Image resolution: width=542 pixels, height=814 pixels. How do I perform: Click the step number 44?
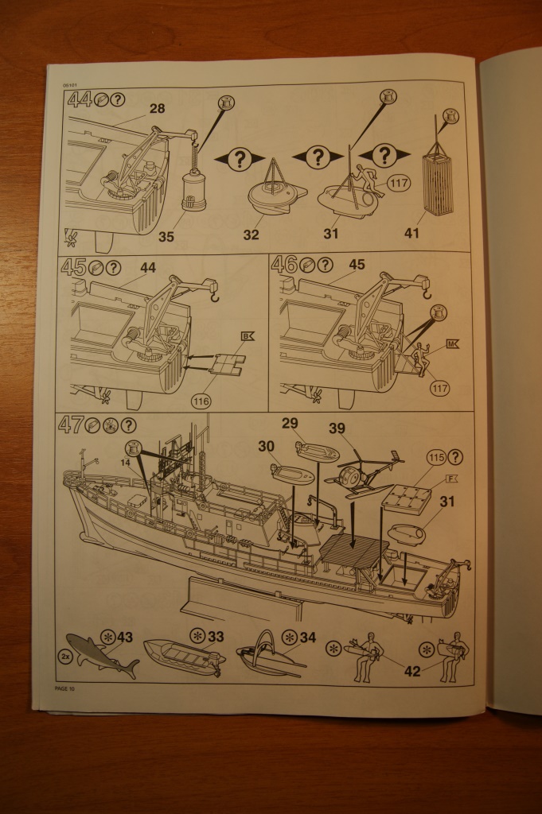[x=80, y=101]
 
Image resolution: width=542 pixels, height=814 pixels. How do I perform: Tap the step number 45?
[x=74, y=267]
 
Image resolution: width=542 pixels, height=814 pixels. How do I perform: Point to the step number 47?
[x=72, y=425]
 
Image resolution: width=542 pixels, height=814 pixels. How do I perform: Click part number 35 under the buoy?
[x=166, y=235]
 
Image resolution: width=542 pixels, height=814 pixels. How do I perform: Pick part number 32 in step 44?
[x=252, y=235]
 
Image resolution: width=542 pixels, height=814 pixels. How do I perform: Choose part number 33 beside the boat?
[x=216, y=637]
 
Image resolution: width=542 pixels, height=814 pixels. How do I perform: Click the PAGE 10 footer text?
[x=65, y=688]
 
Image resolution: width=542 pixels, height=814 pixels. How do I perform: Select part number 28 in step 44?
[x=157, y=109]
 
